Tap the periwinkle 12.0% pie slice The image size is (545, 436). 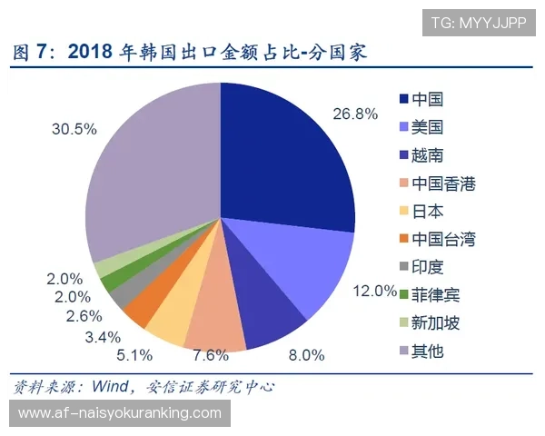click(304, 263)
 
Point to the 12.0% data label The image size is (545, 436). click(374, 291)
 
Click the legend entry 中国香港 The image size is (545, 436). click(443, 183)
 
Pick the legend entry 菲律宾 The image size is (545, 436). click(436, 295)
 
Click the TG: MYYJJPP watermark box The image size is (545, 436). click(478, 21)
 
